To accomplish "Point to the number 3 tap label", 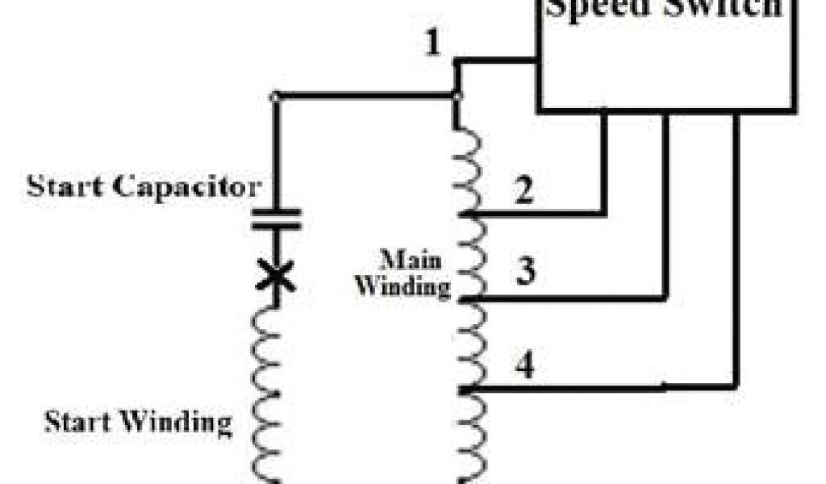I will click(525, 271).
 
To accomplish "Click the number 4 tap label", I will click(524, 367).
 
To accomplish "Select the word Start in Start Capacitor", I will click(66, 187).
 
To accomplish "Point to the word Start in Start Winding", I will click(81, 421).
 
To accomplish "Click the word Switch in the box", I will click(733, 7).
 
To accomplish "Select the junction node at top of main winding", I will click(457, 97).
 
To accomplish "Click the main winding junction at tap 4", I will click(467, 390).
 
